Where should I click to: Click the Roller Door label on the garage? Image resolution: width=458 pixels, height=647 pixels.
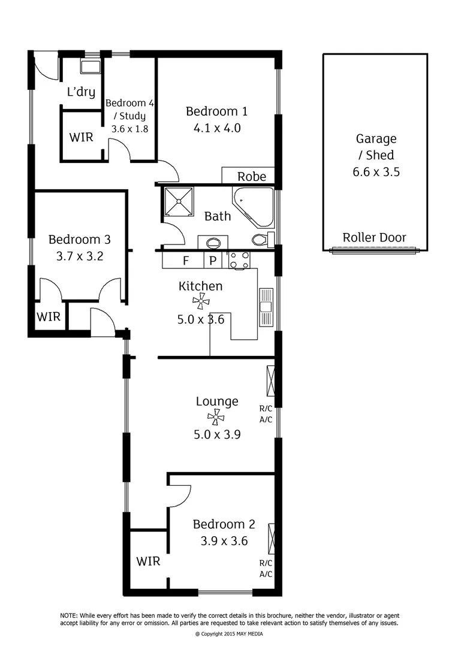point(374,237)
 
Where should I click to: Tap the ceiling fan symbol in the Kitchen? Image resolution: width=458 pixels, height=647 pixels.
point(200,303)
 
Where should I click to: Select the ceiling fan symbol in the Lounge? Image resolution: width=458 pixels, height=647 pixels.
point(217,418)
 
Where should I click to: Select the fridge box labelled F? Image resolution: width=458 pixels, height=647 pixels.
point(185,261)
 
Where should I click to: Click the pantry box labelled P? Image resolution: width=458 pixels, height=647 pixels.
point(212,261)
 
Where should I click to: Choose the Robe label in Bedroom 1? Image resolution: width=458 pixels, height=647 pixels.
point(252,177)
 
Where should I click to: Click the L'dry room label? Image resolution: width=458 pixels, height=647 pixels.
point(81,92)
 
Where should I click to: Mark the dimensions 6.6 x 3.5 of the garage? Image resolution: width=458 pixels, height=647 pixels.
point(375,172)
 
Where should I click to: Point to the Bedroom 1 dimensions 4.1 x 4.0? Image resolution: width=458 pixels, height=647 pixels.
point(216,128)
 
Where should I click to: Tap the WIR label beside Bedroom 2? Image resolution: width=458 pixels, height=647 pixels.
point(148,561)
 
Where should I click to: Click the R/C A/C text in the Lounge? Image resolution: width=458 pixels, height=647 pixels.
point(266,414)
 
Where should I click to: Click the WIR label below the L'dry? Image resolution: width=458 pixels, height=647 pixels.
point(81,137)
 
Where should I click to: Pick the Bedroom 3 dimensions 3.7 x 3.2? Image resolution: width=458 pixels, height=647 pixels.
point(79,256)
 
